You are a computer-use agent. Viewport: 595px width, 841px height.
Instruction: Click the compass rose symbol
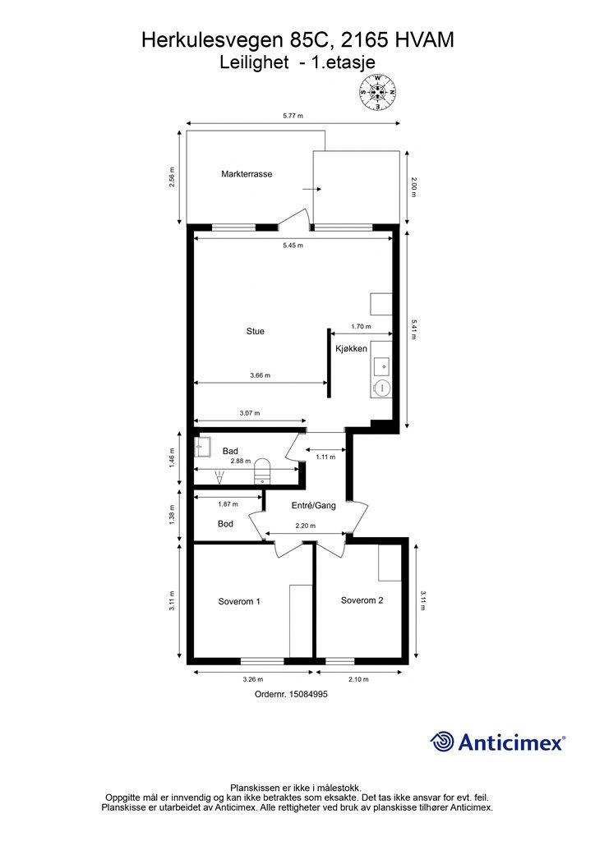pyautogui.click(x=378, y=92)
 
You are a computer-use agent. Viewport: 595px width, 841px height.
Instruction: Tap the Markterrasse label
pyautogui.click(x=247, y=174)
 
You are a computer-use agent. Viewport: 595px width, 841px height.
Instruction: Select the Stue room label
pyautogui.click(x=256, y=332)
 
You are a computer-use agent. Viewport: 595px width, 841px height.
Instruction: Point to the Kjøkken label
pyautogui.click(x=352, y=348)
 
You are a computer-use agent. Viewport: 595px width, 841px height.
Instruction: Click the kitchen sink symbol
pyautogui.click(x=382, y=366)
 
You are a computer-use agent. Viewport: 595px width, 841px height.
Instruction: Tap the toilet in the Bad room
pyautogui.click(x=262, y=470)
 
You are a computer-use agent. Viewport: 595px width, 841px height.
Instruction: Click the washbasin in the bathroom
pyautogui.click(x=201, y=445)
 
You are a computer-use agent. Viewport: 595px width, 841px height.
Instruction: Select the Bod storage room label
pyautogui.click(x=225, y=523)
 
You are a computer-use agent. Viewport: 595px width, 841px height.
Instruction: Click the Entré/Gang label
pyautogui.click(x=314, y=505)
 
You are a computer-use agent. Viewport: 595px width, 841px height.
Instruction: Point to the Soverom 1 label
pyautogui.click(x=239, y=602)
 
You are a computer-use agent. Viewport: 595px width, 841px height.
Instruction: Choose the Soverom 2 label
pyautogui.click(x=362, y=600)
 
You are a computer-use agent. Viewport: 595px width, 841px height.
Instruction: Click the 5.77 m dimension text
pyautogui.click(x=293, y=115)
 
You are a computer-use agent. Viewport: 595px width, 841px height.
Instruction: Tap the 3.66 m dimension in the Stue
pyautogui.click(x=261, y=375)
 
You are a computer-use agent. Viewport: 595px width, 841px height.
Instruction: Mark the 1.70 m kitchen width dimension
pyautogui.click(x=361, y=326)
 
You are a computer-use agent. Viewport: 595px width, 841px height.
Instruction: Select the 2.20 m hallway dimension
pyautogui.click(x=305, y=526)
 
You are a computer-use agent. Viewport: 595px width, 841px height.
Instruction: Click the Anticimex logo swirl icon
pyautogui.click(x=441, y=742)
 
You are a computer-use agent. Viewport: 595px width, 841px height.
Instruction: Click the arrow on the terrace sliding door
pyautogui.click(x=311, y=189)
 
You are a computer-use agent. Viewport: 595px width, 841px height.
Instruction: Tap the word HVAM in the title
pyautogui.click(x=423, y=40)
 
